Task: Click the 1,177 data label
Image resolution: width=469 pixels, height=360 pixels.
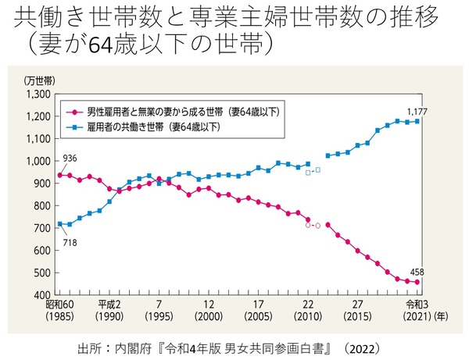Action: tap(417, 110)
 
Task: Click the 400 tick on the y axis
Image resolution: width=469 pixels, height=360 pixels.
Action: tap(40, 296)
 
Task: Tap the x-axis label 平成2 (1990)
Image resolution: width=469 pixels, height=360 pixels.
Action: tap(109, 311)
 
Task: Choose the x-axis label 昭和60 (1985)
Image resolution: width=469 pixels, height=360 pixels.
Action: tap(59, 311)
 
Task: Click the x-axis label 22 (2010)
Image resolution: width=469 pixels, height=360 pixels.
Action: tap(307, 311)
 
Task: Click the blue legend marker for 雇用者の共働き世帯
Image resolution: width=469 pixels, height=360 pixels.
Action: tap(72, 125)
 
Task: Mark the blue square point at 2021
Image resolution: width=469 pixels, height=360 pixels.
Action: tap(417, 121)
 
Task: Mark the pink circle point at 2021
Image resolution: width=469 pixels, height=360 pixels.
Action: tap(417, 282)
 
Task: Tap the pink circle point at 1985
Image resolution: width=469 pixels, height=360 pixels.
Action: tap(59, 175)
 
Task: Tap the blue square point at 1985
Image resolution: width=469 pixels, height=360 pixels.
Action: tap(59, 224)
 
